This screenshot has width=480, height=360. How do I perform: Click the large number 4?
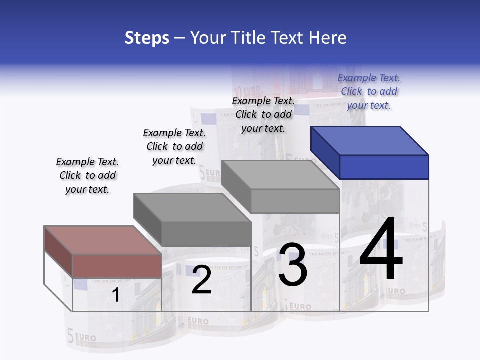381,251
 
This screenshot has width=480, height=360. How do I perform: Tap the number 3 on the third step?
293,265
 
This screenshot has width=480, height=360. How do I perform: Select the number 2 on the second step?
201,280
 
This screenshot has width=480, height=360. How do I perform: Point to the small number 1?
115,295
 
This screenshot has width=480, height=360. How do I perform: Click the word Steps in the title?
147,38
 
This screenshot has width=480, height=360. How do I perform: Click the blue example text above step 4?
369,91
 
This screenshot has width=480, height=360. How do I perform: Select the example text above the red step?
87,175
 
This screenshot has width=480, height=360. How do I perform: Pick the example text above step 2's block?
174,146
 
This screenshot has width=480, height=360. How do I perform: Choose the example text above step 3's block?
263,114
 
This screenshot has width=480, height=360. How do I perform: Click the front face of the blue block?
384,167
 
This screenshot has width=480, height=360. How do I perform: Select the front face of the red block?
117,265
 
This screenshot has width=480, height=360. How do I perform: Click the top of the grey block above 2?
192,207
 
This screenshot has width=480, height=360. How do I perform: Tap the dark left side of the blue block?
325,152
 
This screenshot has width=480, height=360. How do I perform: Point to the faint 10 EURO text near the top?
245,90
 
